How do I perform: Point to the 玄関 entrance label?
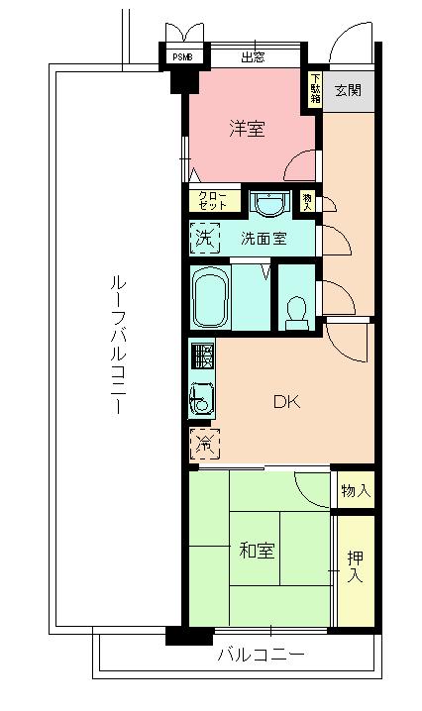tap(348, 90)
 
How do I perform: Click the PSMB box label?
tap(183, 57)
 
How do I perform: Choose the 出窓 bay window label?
tap(253, 57)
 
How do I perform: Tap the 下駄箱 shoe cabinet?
tap(315, 88)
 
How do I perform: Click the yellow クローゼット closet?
tap(213, 200)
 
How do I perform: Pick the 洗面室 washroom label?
tap(264, 238)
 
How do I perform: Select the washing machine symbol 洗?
tap(204, 238)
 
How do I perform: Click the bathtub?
tap(210, 297)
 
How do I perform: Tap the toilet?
tap(294, 311)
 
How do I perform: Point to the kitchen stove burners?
tap(202, 355)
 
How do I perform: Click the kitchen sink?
tap(201, 400)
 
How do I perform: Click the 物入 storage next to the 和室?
tap(355, 490)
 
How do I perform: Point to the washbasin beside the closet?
tap(267, 203)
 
